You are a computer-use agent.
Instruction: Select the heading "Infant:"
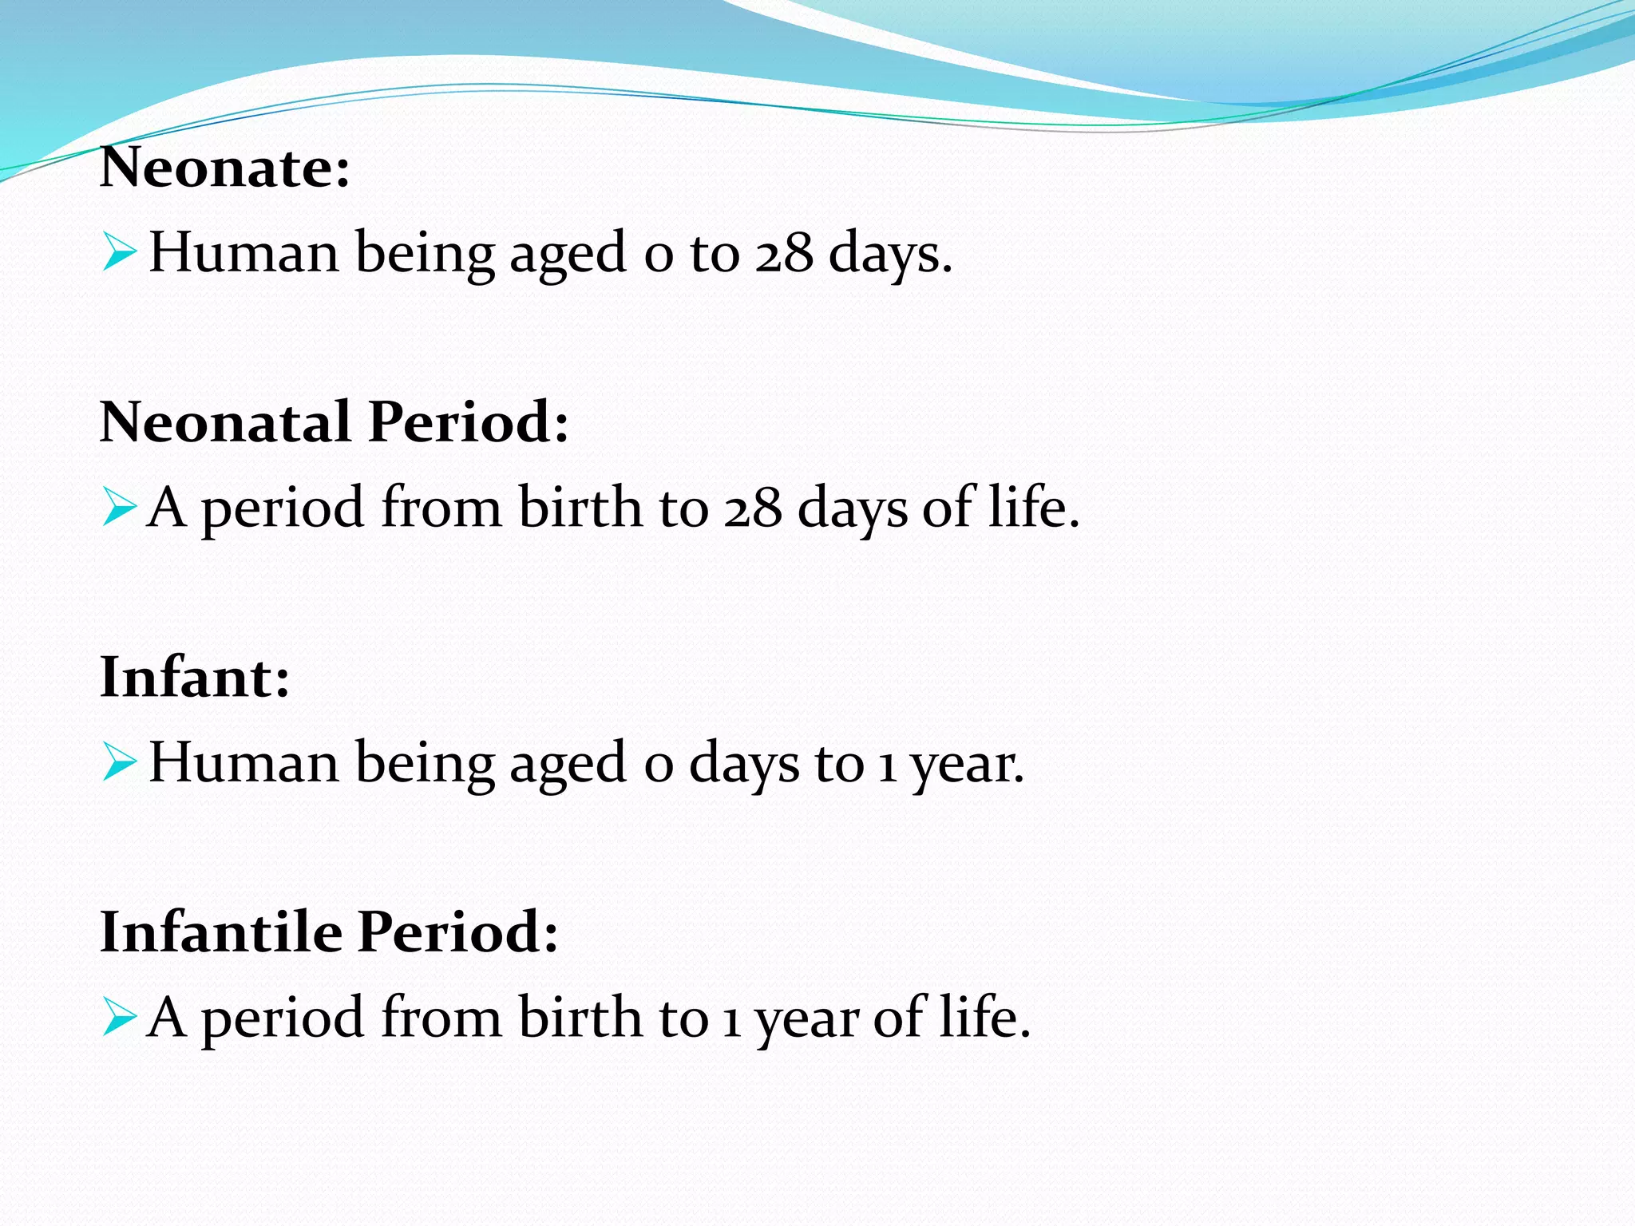click(x=195, y=677)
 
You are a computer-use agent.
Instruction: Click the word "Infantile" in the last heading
click(x=220, y=931)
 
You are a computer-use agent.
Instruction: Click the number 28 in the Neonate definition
click(x=784, y=253)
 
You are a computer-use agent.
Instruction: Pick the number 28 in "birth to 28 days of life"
click(x=752, y=508)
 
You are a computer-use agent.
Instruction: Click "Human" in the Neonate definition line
click(x=243, y=253)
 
